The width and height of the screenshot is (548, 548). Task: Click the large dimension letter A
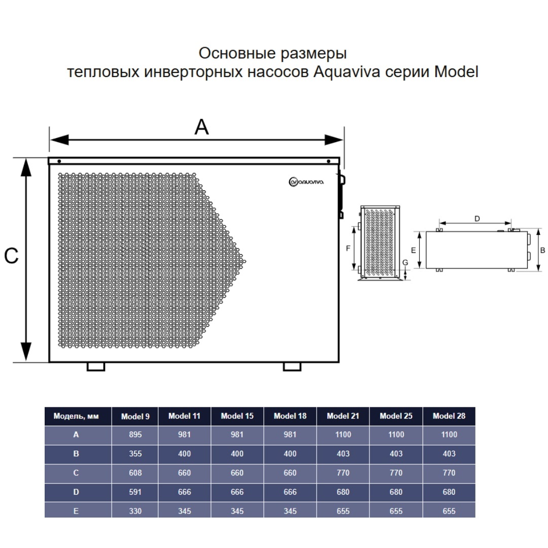201,127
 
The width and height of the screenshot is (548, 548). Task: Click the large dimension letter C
11,256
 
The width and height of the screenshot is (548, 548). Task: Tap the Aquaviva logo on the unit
306,182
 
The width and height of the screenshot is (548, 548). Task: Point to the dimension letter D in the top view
477,219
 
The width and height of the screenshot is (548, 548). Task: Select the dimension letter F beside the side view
348,248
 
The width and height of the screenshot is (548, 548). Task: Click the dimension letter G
405,262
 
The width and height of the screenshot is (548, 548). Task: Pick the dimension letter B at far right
542,250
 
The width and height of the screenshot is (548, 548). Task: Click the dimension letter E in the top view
414,250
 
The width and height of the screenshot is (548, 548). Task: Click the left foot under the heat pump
96,366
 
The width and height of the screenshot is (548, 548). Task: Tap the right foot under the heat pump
292,366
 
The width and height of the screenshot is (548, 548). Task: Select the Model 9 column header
135,416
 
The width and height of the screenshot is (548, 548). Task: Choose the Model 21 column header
343,416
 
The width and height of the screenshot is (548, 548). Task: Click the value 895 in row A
135,434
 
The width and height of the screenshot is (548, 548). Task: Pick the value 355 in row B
135,454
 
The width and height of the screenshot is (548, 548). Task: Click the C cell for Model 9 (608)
135,473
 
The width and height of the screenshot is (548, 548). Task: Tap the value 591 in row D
135,492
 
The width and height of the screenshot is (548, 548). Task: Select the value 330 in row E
135,511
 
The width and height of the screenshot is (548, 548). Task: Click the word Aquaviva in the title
347,72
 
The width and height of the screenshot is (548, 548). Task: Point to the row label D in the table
76,492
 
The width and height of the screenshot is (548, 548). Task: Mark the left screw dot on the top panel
59,161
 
